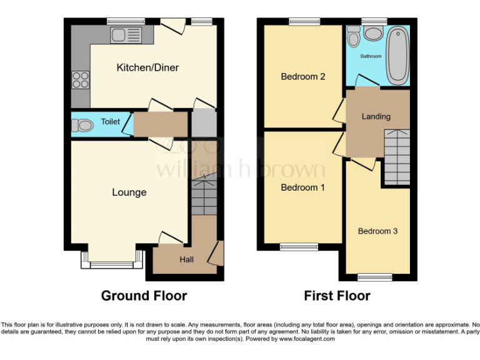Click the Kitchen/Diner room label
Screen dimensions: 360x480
[x=147, y=67]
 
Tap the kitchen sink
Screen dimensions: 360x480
[x=127, y=35]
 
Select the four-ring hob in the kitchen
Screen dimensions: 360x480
[x=81, y=79]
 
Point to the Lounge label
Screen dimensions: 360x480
[x=129, y=192]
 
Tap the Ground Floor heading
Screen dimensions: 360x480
[x=144, y=296]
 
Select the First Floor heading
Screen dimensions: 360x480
[x=337, y=296]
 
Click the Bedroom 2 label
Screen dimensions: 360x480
[x=302, y=77]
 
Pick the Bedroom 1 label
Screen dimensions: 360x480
[x=302, y=187]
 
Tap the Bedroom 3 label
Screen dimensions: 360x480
[x=377, y=231]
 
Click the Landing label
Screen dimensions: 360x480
[x=376, y=116]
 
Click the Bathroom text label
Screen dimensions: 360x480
[x=370, y=56]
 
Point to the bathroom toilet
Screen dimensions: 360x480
[x=354, y=39]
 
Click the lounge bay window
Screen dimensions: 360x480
[x=112, y=264]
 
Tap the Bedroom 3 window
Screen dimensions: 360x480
[x=375, y=276]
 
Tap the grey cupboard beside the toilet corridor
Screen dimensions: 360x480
[x=203, y=124]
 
